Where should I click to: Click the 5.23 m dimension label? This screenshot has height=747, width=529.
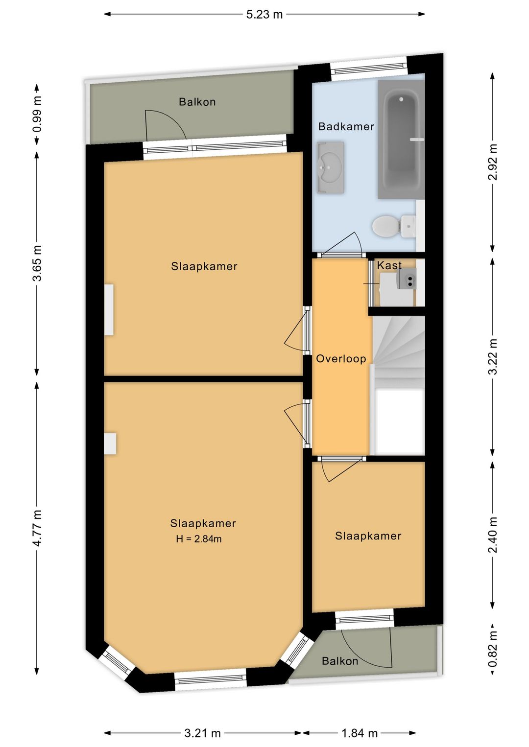click(x=264, y=14)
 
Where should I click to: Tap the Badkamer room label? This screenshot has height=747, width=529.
click(x=346, y=126)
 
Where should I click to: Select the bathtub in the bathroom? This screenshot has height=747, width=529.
click(x=401, y=140)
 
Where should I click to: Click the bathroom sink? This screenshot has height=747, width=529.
click(x=331, y=167)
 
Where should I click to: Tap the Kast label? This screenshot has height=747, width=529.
click(x=389, y=265)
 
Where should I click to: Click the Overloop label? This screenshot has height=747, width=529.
click(x=341, y=359)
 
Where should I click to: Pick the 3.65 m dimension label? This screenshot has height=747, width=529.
click(x=38, y=263)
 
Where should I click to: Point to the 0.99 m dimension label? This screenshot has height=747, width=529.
click(x=38, y=114)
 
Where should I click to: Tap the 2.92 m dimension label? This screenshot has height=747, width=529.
click(x=493, y=162)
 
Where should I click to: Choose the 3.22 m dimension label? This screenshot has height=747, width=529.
click(x=493, y=356)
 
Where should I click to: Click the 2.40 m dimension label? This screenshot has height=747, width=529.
click(x=493, y=535)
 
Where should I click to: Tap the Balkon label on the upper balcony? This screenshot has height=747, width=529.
click(x=197, y=102)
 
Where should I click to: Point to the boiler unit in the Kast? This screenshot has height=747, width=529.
click(x=407, y=278)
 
